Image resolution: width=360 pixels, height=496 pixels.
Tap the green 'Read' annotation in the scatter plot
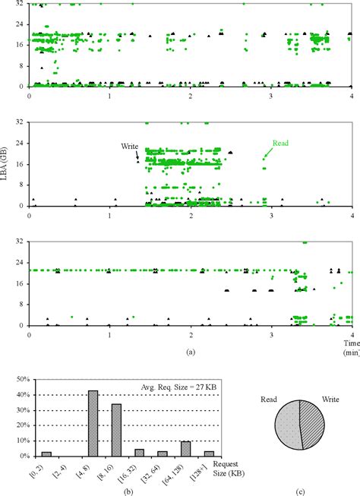pos(281,142)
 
